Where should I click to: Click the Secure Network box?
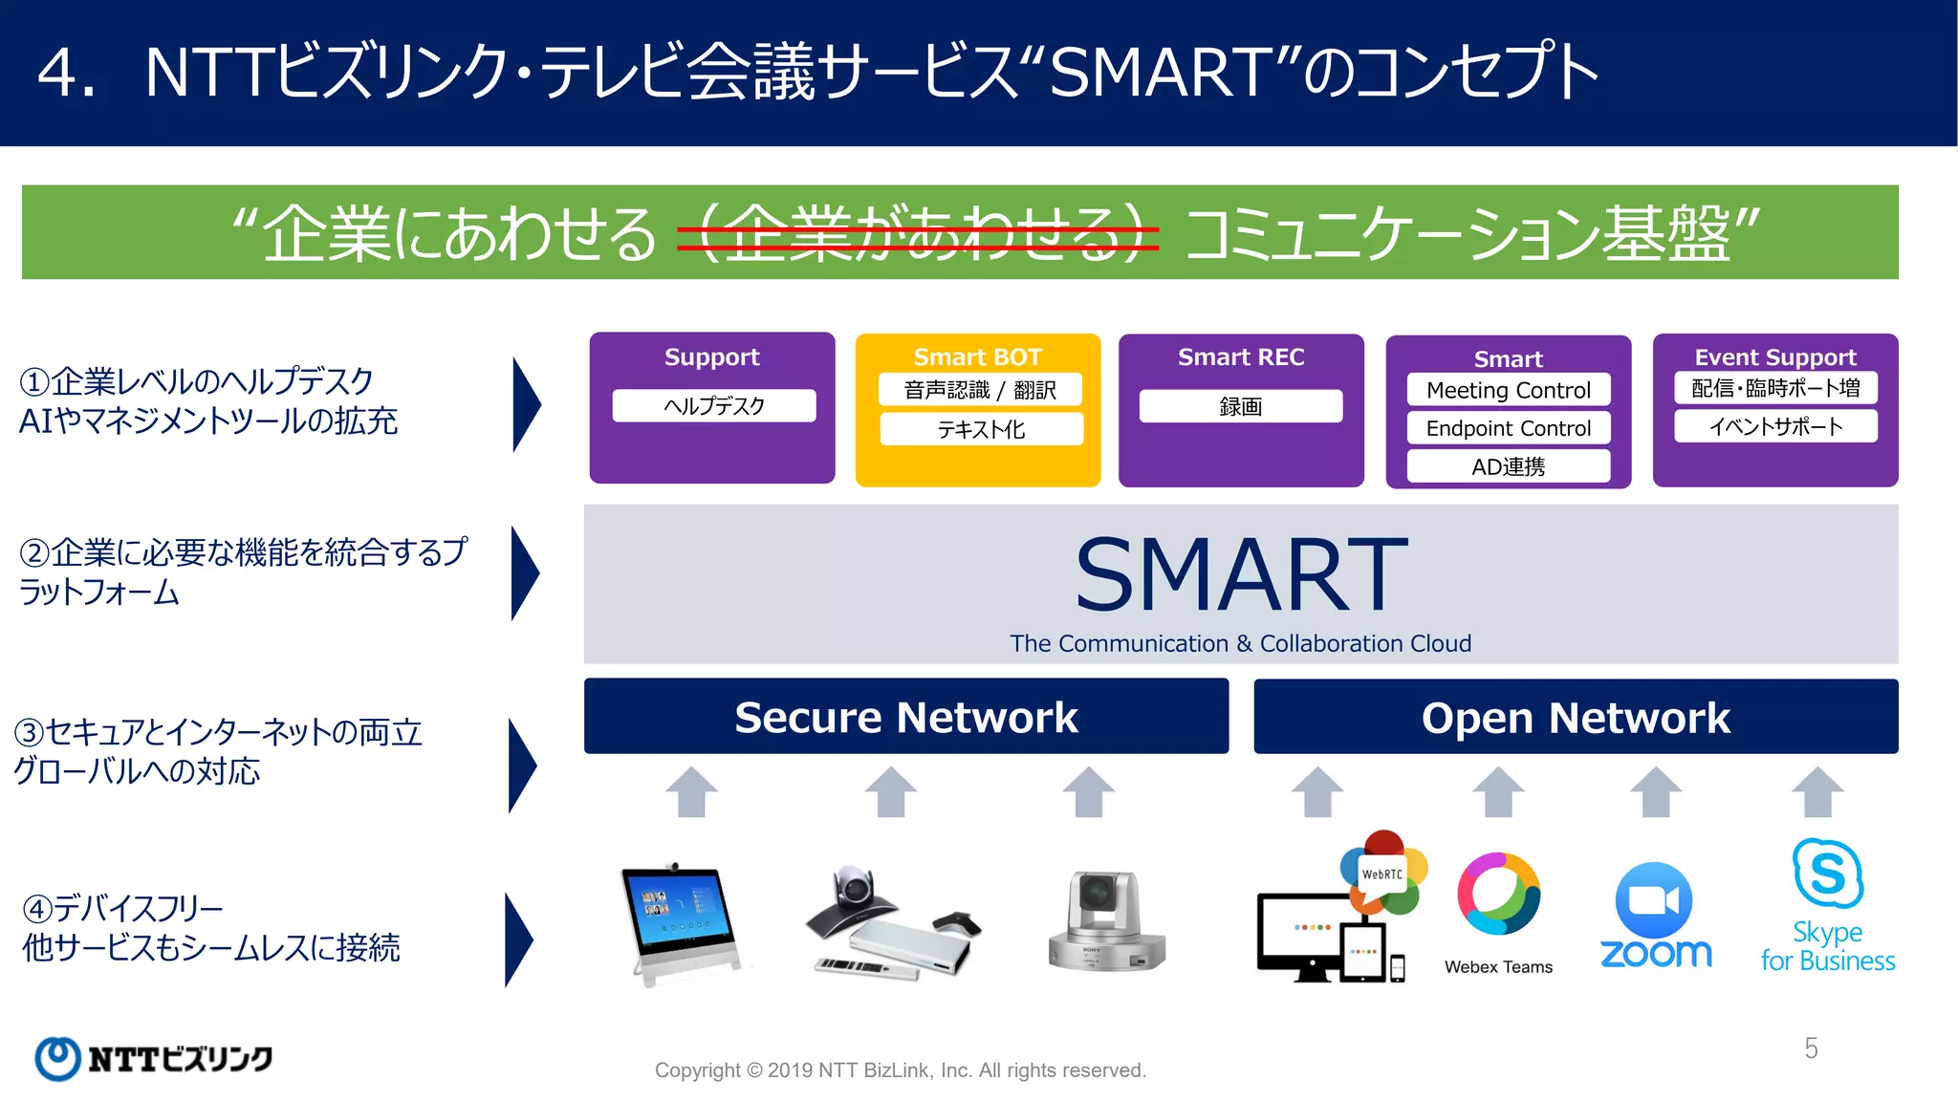(905, 717)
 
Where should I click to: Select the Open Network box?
(1575, 717)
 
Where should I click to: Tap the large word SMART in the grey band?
(1240, 574)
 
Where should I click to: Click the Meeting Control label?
(1508, 390)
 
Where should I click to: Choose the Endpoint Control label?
(1508, 428)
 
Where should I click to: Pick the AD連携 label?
(1508, 466)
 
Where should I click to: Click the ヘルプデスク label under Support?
(713, 405)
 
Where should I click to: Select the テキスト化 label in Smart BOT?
(981, 429)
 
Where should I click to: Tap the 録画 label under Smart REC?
(1240, 406)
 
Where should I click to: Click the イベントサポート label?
(1775, 426)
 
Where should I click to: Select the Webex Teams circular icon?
(1498, 895)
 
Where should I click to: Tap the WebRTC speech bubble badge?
(1382, 874)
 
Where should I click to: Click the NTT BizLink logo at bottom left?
(153, 1058)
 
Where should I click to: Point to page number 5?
(1811, 1048)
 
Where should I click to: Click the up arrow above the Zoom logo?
(1655, 791)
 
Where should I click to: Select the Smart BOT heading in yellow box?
(977, 356)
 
